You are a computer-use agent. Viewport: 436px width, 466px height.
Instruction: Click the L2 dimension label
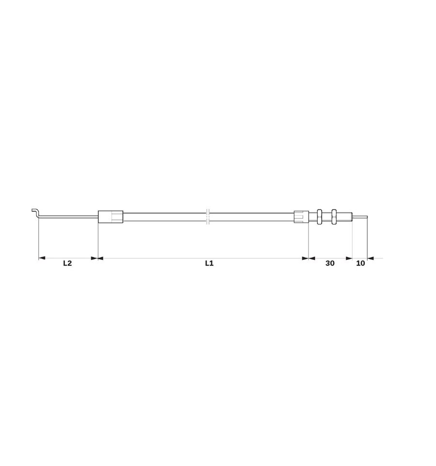click(67, 263)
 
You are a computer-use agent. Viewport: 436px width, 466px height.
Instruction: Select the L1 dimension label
click(209, 263)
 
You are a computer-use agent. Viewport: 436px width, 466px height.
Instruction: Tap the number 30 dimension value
click(330, 263)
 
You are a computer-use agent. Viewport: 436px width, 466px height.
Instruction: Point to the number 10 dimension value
click(360, 263)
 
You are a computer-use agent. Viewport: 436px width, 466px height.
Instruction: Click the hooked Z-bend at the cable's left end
click(35, 213)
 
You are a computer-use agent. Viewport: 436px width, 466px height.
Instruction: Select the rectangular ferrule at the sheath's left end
click(110, 217)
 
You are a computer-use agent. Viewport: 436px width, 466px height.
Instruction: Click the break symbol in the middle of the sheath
click(208, 217)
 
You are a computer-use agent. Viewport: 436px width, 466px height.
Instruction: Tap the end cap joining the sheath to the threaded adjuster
click(301, 217)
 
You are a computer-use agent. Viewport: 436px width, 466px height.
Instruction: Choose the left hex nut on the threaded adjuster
click(319, 217)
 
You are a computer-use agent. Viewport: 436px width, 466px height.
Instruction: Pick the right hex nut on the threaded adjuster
click(333, 217)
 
